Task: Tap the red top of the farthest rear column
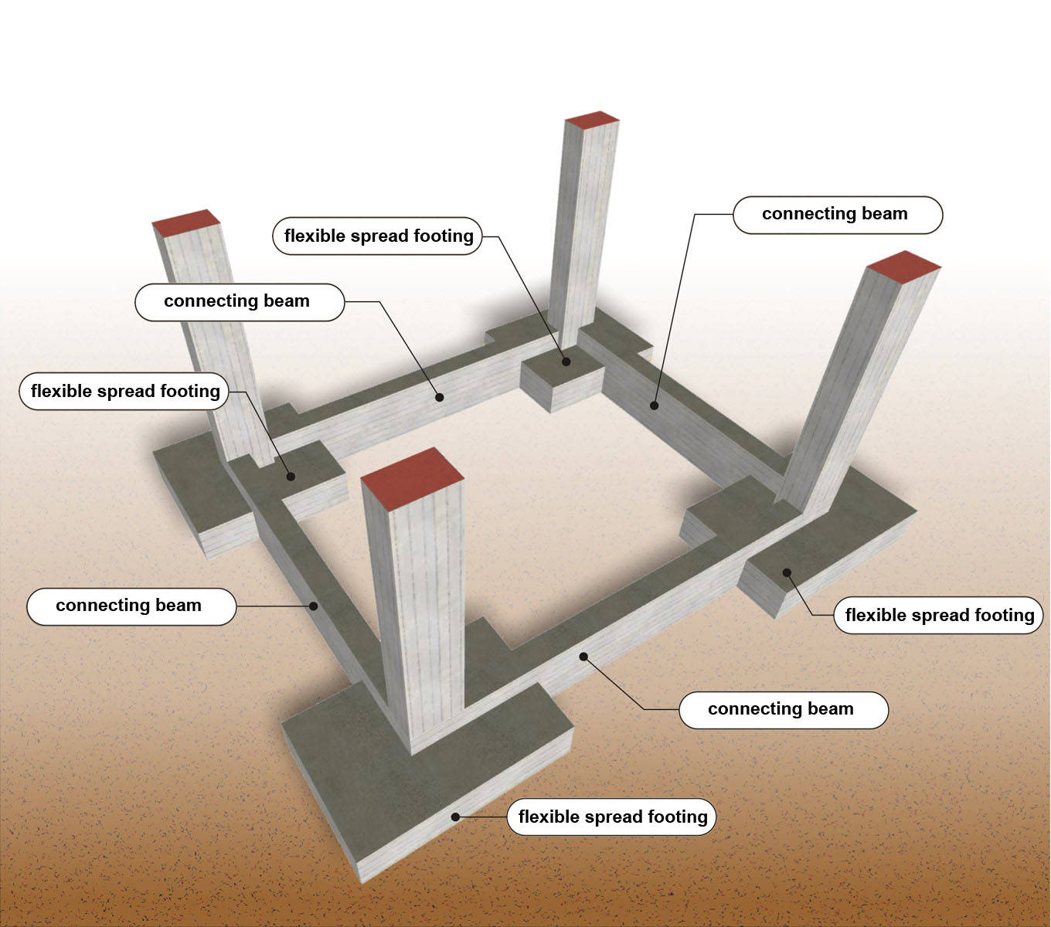pyautogui.click(x=592, y=120)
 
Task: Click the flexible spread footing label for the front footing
pyautogui.click(x=612, y=817)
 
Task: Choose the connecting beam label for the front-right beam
pyautogui.click(x=783, y=709)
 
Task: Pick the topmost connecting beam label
pyautogui.click(x=837, y=214)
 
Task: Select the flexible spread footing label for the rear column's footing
pyautogui.click(x=378, y=236)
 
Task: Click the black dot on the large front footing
pyautogui.click(x=456, y=817)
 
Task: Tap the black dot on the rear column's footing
pyautogui.click(x=566, y=362)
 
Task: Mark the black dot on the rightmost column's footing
pyautogui.click(x=787, y=572)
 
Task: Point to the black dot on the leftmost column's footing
pyautogui.click(x=291, y=476)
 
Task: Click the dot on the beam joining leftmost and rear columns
pyautogui.click(x=440, y=397)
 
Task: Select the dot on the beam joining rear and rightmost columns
pyautogui.click(x=655, y=405)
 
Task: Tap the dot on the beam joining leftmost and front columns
pyautogui.click(x=314, y=606)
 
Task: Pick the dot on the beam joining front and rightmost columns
pyautogui.click(x=584, y=657)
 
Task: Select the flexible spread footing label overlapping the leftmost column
pyautogui.click(x=124, y=391)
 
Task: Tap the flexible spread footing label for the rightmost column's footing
pyautogui.click(x=938, y=615)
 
